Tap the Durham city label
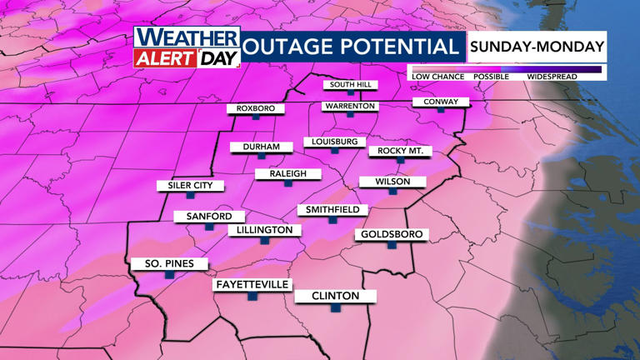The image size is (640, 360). [262, 147]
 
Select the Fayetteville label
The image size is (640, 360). [252, 284]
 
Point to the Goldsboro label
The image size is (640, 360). [392, 234]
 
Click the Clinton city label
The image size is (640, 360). [335, 296]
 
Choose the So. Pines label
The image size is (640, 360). [169, 264]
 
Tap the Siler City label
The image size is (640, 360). [191, 185]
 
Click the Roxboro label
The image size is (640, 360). [256, 108]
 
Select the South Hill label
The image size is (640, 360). [351, 85]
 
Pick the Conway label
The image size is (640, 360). [441, 102]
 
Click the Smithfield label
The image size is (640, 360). [332, 209]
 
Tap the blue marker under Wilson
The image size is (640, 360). [392, 192]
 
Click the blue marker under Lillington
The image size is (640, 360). [264, 240]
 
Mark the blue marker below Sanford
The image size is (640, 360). [209, 227]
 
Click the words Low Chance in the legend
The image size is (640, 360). [438, 77]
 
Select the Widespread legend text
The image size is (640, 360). [552, 77]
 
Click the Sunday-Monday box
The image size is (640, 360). [537, 47]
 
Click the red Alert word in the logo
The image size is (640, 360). [166, 57]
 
